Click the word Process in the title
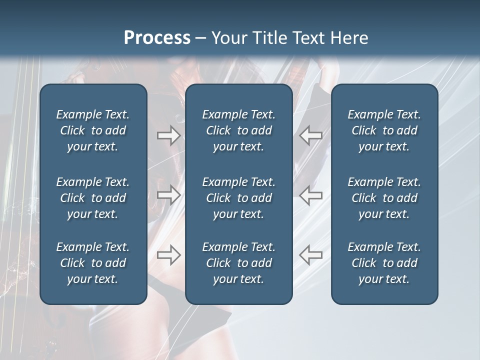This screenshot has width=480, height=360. tap(157, 38)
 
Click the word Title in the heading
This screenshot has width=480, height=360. tap(269, 38)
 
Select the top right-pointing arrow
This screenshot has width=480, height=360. tap(168, 135)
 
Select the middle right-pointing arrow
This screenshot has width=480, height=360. tap(168, 195)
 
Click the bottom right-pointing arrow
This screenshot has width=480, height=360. tap(168, 255)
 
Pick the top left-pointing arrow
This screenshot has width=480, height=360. tap(311, 135)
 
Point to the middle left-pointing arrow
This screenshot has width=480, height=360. tap(311, 195)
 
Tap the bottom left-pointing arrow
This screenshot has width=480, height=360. tap(311, 255)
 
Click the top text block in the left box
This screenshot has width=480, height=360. tap(93, 130)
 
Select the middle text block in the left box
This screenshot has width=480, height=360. tap(93, 198)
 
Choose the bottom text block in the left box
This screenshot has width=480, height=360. tap(93, 263)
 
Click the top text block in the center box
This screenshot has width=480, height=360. tap(238, 130)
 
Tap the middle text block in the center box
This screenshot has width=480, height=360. tap(238, 198)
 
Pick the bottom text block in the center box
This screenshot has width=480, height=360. tap(238, 263)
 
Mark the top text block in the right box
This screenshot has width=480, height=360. tap(384, 130)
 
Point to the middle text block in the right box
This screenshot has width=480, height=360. tap(384, 198)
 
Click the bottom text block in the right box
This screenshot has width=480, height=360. tap(384, 263)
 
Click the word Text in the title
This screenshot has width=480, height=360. tap(308, 38)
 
